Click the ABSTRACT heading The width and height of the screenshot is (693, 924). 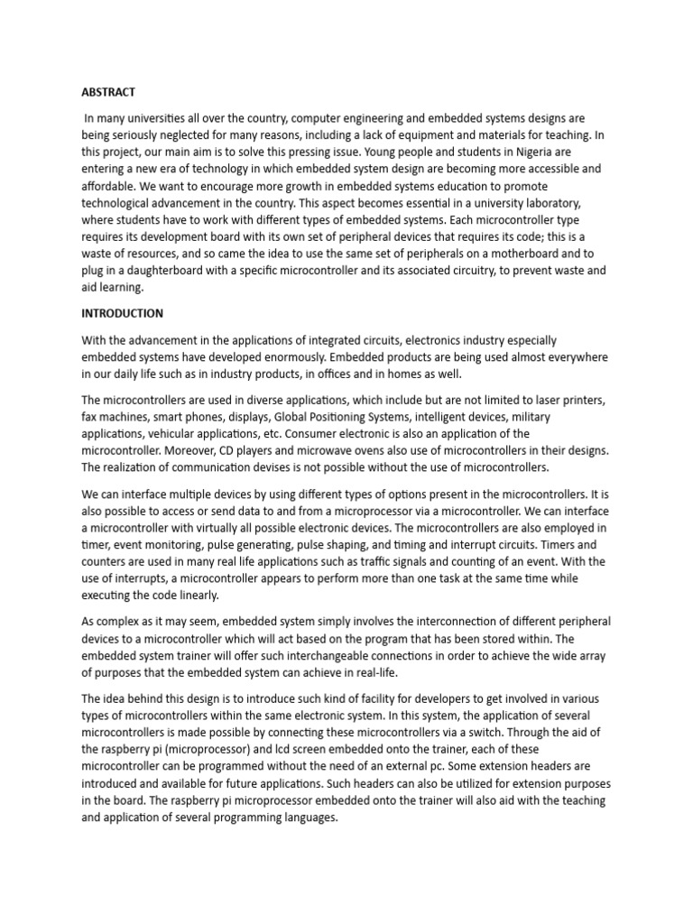108,91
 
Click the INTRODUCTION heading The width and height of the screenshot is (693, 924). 123,313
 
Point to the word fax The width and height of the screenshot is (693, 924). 91,417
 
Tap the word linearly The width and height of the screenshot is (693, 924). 194,596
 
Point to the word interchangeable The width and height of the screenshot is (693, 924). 300,657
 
